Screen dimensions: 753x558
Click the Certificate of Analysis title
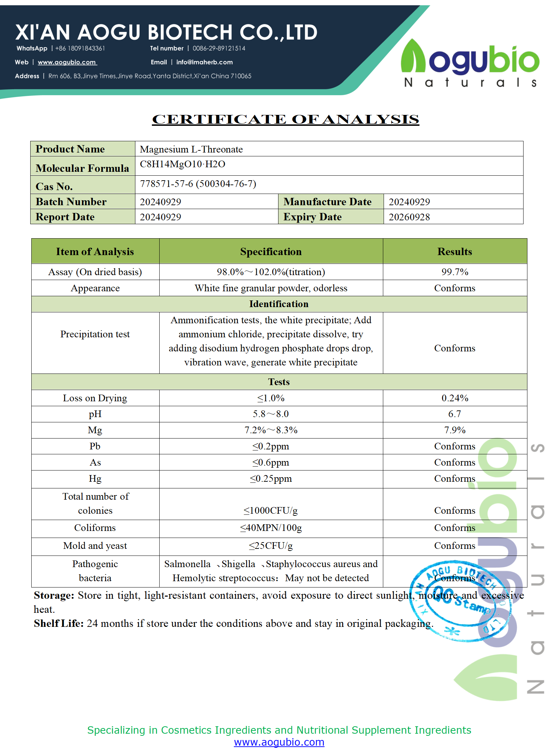click(x=285, y=119)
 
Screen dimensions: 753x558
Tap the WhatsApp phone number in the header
click(x=80, y=48)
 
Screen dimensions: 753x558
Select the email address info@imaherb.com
click(x=204, y=62)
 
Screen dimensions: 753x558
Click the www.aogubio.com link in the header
click(x=67, y=62)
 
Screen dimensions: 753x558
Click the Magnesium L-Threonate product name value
click(x=191, y=149)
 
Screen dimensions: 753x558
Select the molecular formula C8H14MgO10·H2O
click(x=182, y=164)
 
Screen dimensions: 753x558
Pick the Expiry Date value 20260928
click(x=409, y=217)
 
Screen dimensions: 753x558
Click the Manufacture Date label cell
click(x=327, y=202)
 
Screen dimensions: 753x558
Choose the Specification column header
click(x=271, y=252)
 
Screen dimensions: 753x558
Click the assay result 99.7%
click(x=455, y=272)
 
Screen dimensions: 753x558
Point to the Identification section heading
click(x=279, y=304)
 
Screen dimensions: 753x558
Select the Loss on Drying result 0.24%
click(x=455, y=398)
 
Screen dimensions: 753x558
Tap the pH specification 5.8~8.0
click(x=271, y=414)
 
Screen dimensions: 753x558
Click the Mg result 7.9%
click(x=455, y=430)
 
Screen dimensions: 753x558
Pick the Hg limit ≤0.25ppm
click(x=271, y=479)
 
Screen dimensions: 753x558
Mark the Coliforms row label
click(x=95, y=528)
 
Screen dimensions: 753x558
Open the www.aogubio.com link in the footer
click(x=279, y=742)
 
